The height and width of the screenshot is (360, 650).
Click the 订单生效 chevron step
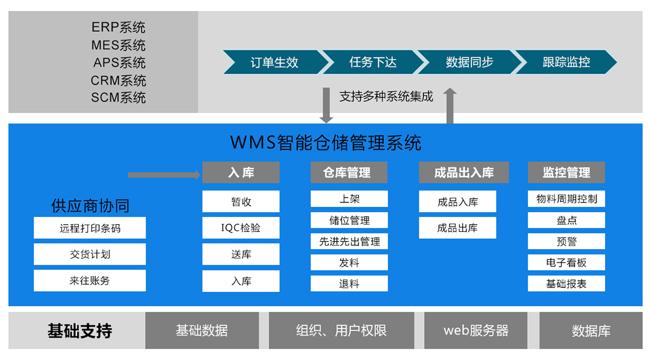[x=274, y=62]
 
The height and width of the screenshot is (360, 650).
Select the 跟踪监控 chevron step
[x=566, y=62]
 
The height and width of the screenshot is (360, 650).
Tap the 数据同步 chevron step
[x=469, y=62]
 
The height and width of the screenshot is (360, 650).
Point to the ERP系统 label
[x=119, y=27]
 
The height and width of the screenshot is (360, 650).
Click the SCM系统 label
[x=119, y=98]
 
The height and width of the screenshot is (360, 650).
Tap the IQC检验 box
[x=241, y=228]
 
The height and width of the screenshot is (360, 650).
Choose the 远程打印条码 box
[x=90, y=228]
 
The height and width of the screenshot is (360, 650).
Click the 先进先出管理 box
[x=349, y=241]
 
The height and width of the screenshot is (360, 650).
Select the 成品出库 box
[x=458, y=228]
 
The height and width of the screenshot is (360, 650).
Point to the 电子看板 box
[x=566, y=263]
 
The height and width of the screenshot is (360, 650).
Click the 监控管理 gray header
[x=566, y=173]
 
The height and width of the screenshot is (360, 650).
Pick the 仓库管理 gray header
[x=349, y=173]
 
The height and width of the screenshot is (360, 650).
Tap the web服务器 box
[x=476, y=330]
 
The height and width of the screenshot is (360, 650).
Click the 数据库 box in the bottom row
[x=591, y=330]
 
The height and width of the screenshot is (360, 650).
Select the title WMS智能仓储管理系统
[x=326, y=143]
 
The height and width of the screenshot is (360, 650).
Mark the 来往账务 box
[x=90, y=280]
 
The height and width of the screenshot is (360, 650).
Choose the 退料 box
[x=349, y=284]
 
